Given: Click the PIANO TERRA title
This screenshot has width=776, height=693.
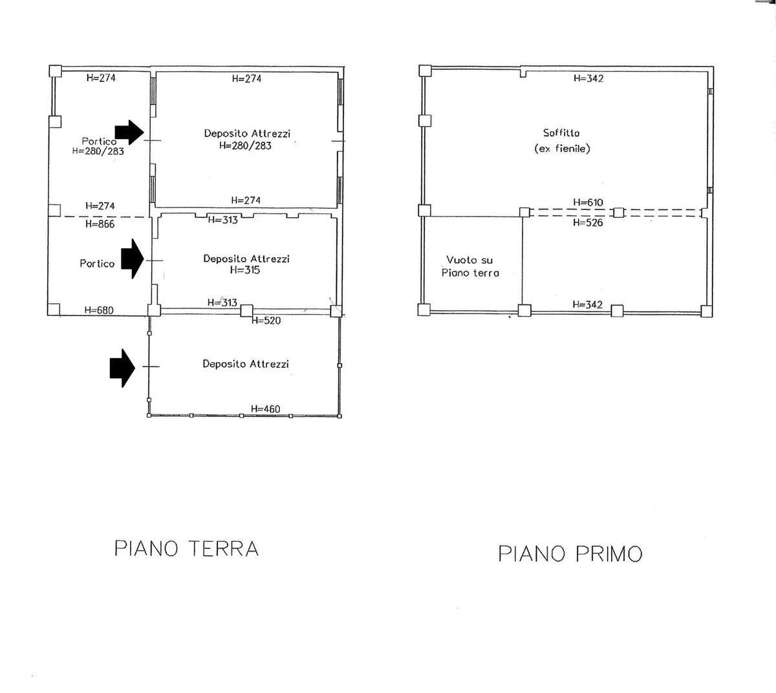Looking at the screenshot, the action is pyautogui.click(x=186, y=548).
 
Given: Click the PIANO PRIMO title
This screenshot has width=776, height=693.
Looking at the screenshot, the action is pyautogui.click(x=570, y=553).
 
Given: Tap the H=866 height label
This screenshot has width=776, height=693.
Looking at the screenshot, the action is pyautogui.click(x=100, y=224).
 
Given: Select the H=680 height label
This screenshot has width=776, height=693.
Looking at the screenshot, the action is pyautogui.click(x=99, y=310).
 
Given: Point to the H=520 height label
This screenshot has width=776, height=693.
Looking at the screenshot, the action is pyautogui.click(x=266, y=321).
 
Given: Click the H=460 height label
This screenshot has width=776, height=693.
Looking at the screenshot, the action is pyautogui.click(x=265, y=409).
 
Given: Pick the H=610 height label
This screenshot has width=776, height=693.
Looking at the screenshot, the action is pyautogui.click(x=588, y=202).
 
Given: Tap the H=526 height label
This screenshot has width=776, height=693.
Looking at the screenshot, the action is pyautogui.click(x=588, y=222).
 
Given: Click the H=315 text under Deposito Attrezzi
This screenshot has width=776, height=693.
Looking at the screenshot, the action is pyautogui.click(x=245, y=270).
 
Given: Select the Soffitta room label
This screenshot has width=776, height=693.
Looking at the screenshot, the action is pyautogui.click(x=561, y=133).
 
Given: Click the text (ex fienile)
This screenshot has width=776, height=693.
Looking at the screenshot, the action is pyautogui.click(x=562, y=149).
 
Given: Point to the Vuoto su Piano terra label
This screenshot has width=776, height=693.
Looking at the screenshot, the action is pyautogui.click(x=470, y=266).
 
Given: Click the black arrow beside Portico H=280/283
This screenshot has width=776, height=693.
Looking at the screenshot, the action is pyautogui.click(x=129, y=133).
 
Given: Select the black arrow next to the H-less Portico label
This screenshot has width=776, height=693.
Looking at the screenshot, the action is pyautogui.click(x=133, y=259).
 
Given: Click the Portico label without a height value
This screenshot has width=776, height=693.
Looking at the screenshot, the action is pyautogui.click(x=97, y=263).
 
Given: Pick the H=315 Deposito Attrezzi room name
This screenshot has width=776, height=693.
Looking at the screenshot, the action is pyautogui.click(x=246, y=259).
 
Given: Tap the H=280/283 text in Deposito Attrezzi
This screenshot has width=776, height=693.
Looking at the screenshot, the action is pyautogui.click(x=246, y=145).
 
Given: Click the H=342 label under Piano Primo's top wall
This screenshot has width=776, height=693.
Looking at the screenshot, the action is pyautogui.click(x=588, y=78).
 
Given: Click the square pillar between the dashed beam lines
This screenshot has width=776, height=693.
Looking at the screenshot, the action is pyautogui.click(x=619, y=213).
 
